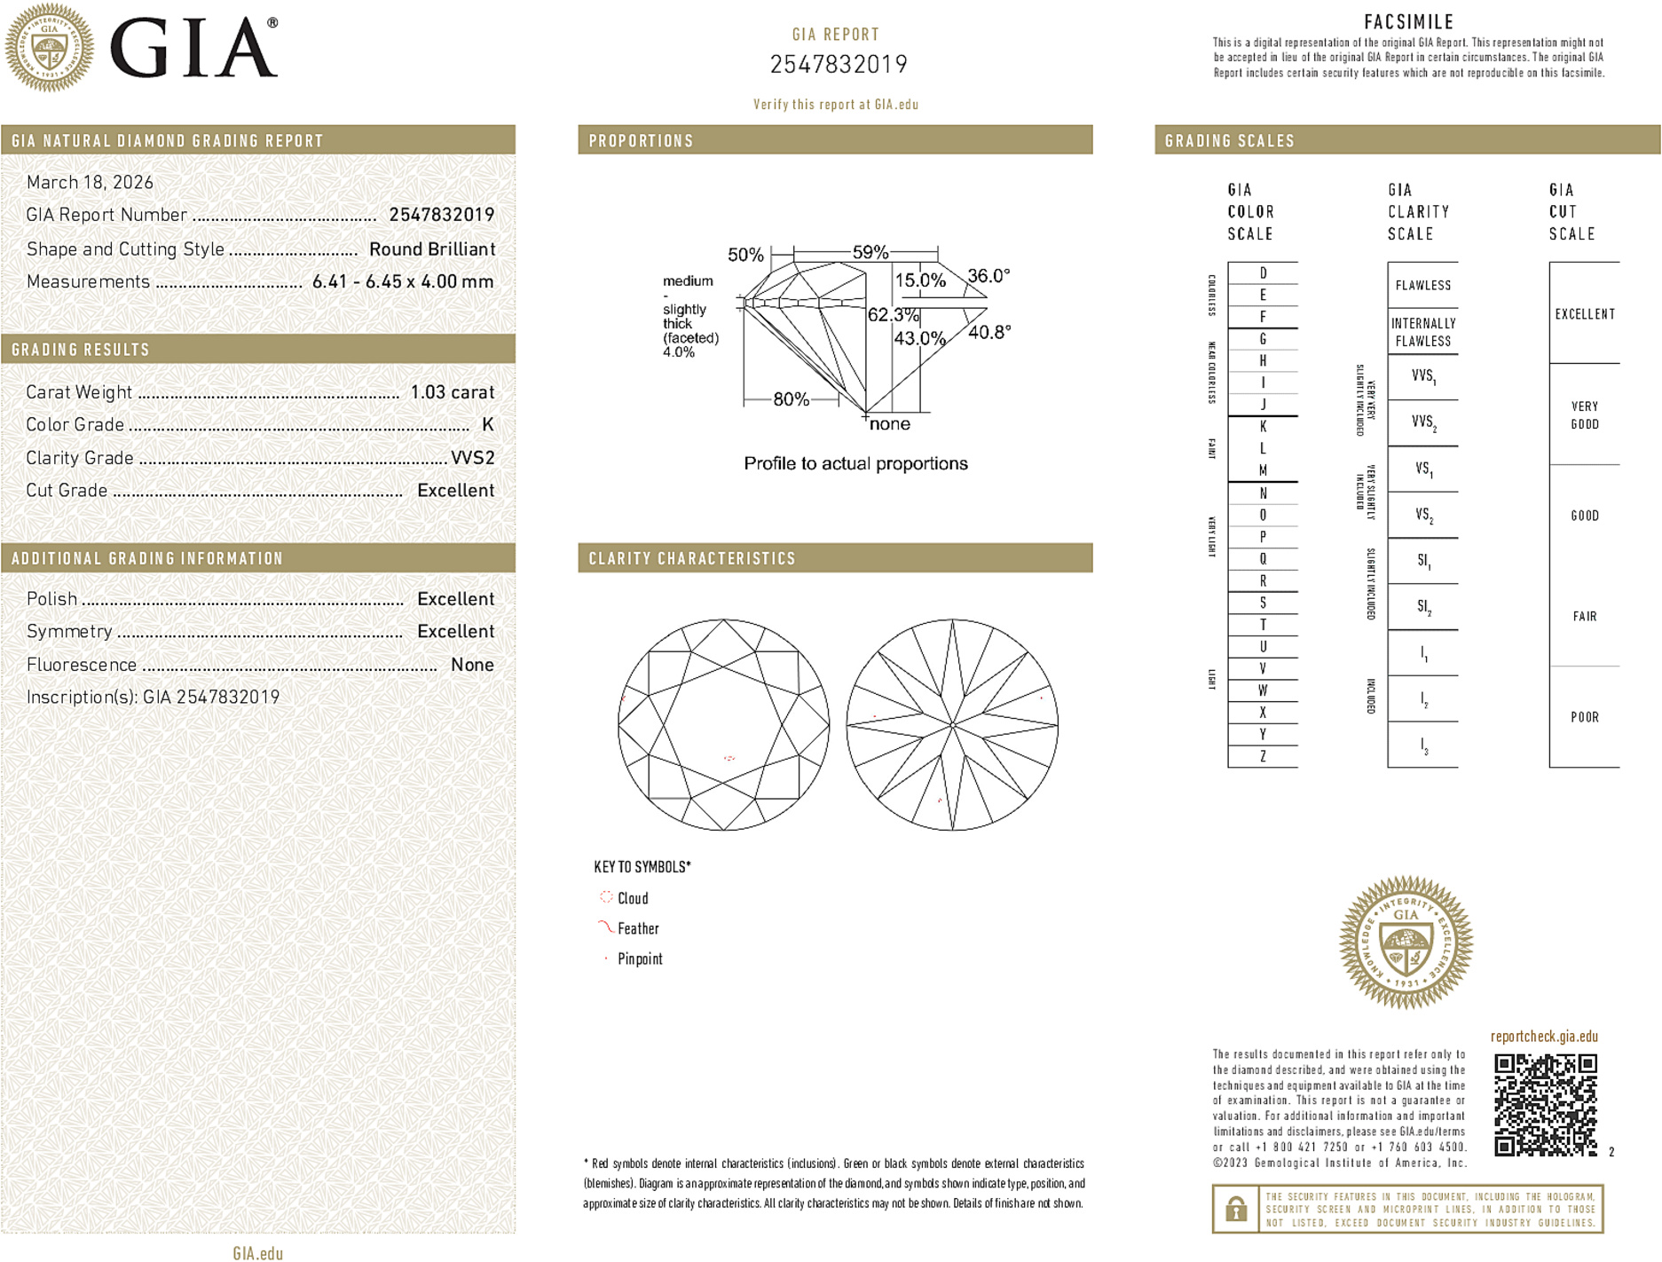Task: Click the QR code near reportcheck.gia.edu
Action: pos(1545,1104)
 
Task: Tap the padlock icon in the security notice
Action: pos(1235,1209)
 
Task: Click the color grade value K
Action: pos(487,425)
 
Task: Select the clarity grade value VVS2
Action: pos(472,458)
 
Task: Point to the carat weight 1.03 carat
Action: pos(452,392)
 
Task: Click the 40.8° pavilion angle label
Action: pos(989,333)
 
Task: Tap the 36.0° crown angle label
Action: pos(988,276)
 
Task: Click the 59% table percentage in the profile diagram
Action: pos(870,252)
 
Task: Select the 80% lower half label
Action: pos(791,399)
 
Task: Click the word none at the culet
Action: pos(889,424)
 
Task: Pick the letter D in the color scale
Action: pos(1263,273)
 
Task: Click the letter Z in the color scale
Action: pos(1263,756)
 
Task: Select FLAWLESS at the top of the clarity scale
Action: pos(1422,286)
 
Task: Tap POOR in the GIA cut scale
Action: pos(1584,717)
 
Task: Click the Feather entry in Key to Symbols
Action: pos(637,928)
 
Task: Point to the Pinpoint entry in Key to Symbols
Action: pos(639,958)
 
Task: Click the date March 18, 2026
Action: pos(90,183)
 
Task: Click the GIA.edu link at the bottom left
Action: pos(257,1252)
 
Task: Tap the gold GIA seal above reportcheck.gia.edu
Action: pos(1406,943)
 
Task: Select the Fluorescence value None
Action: pos(472,665)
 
